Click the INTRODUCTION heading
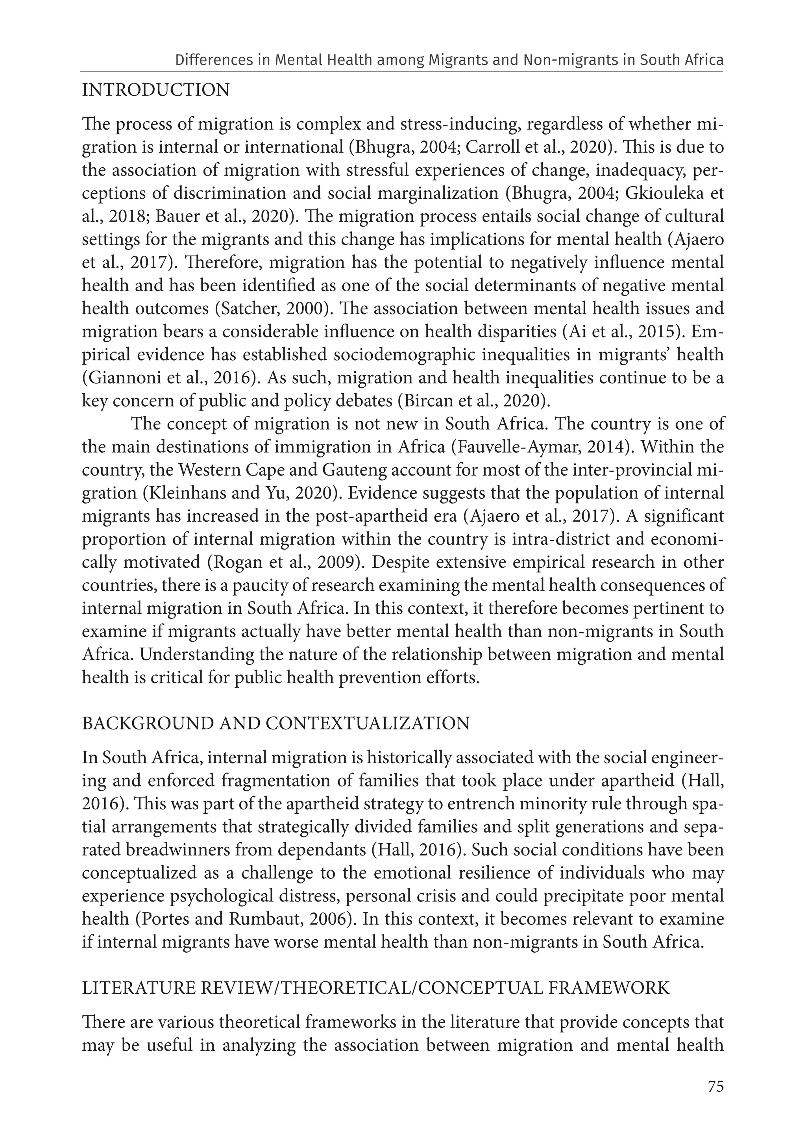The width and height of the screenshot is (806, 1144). click(155, 91)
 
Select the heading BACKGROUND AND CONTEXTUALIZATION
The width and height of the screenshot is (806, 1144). click(275, 724)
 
